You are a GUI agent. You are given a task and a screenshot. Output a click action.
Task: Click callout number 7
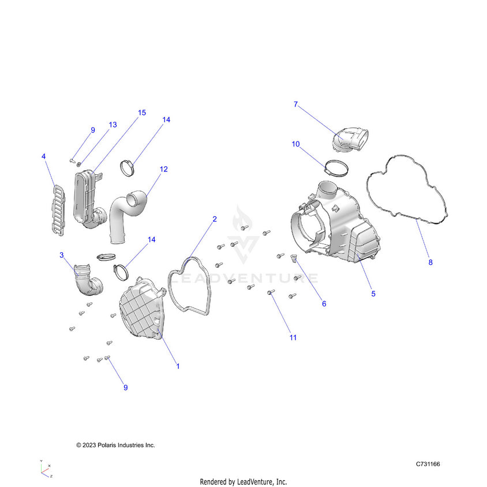pos(295,104)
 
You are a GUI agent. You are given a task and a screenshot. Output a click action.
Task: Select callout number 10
pos(295,144)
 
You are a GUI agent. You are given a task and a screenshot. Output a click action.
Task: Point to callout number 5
pos(373,294)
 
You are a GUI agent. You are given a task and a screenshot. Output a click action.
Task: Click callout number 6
pos(324,304)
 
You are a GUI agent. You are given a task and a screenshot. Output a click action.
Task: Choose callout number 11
pos(293,338)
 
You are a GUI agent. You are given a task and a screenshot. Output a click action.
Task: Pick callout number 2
pos(215,219)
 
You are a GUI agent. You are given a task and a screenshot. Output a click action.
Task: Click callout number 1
pos(178,366)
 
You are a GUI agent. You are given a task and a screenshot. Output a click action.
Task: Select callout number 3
pos(62,254)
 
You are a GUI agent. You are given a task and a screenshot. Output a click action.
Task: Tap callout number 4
pos(43,156)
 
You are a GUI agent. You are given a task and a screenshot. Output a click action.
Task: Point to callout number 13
pos(113,125)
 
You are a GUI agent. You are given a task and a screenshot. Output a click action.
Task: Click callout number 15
pos(141,113)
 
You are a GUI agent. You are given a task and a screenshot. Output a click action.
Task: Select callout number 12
pos(164,169)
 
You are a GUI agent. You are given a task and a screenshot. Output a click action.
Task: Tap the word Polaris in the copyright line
pos(111,445)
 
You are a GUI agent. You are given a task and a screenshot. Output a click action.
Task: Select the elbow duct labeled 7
pos(350,140)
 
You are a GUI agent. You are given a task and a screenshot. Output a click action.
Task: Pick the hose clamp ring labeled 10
pos(336,168)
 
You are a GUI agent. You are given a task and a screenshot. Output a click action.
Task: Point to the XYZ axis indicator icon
pos(46,469)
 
